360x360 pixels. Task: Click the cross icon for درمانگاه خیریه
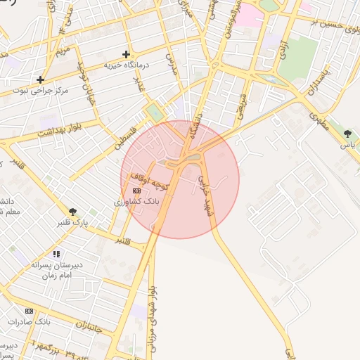[x=127, y=54]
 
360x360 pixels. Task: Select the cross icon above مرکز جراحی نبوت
[x=41, y=79]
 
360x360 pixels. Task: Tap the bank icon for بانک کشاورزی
[x=136, y=191]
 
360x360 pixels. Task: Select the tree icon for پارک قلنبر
[x=72, y=211]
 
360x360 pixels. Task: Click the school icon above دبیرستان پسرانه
[x=56, y=254]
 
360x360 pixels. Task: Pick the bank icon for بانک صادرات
[x=29, y=310]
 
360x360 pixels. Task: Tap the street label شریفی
[x=243, y=105]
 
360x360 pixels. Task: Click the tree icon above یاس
[x=347, y=134]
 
